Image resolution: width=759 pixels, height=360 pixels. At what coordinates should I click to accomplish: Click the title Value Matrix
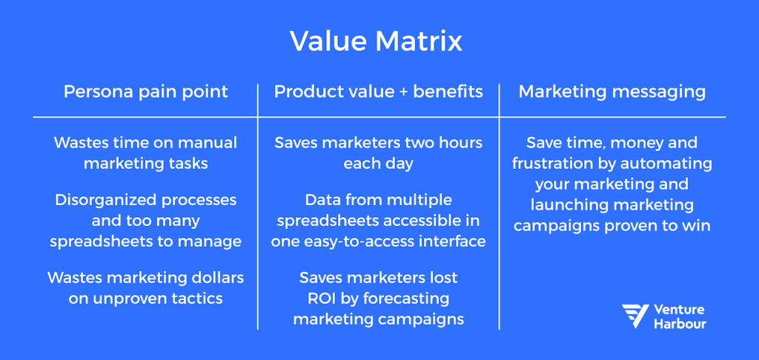[x=377, y=41]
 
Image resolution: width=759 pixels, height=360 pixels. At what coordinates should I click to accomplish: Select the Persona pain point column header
[x=146, y=92]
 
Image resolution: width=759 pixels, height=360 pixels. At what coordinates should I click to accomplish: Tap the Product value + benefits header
[x=378, y=92]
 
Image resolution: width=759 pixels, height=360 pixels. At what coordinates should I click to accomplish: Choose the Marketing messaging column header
[x=611, y=92]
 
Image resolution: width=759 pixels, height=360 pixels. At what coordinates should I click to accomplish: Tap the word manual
[x=211, y=142]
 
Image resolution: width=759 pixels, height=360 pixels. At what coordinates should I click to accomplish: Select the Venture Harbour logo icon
[x=635, y=316]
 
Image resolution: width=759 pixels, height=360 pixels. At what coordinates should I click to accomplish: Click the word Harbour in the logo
[x=680, y=324]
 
